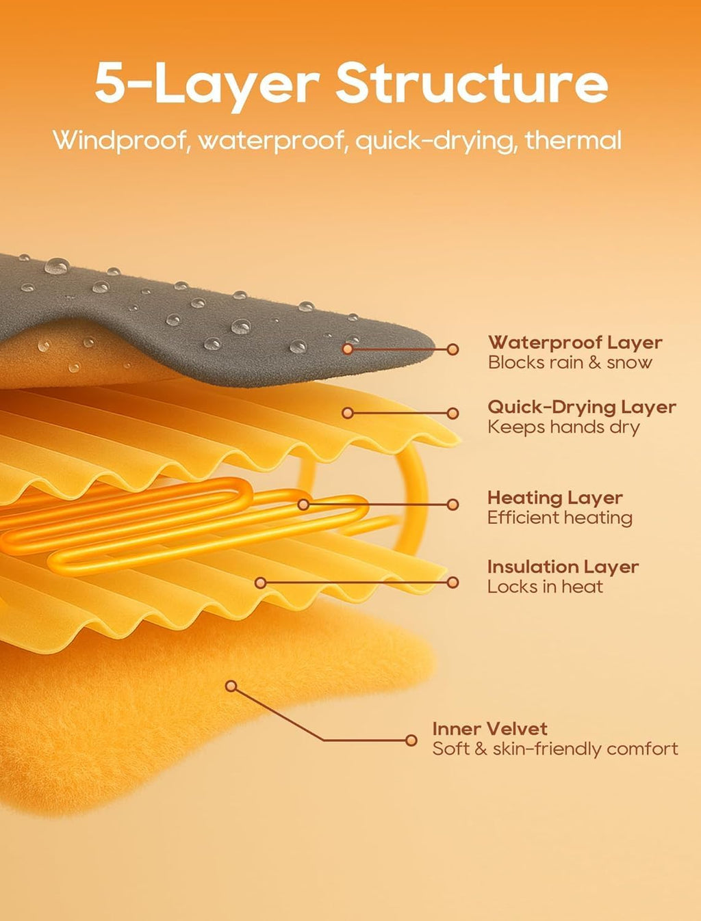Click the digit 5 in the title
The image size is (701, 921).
pos(108,82)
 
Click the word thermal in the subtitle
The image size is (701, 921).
pos(573,139)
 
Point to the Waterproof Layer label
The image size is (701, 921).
pos(575,343)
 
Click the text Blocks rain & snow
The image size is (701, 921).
pos(570,362)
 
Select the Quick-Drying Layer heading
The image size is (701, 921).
pos(582,408)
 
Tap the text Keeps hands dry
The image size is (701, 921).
pos(563,427)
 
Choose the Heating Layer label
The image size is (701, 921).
pos(555,498)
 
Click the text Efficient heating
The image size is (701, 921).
pos(560,518)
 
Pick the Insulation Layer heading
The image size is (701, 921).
pos(563,567)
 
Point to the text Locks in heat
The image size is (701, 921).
pos(545,587)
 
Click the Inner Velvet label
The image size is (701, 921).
pos(489,729)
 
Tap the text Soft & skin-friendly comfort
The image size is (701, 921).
pos(555,749)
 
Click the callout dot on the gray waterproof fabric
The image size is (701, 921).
pos(347,349)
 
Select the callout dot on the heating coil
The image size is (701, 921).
pos(303,505)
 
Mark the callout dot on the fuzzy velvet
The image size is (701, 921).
pos(231,686)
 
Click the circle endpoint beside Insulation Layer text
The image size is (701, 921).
pos(453,583)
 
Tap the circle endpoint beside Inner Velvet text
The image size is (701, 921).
pos(411,740)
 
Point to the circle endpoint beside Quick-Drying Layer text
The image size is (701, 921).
pos(453,413)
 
